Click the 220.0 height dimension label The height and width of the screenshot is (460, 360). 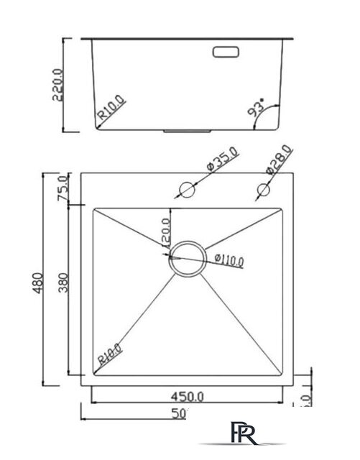coord(59,84)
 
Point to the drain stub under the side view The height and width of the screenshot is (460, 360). coord(186,132)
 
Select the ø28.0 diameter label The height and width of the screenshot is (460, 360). coord(279,160)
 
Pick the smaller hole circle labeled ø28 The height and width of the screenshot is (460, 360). coord(263,190)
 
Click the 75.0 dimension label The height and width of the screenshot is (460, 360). coord(62,189)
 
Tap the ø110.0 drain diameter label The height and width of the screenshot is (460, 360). coord(229,259)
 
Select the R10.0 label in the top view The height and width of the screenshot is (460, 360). coord(110,354)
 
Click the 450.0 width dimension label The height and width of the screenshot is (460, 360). coord(188,395)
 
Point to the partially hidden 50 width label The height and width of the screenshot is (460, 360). coord(180,413)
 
